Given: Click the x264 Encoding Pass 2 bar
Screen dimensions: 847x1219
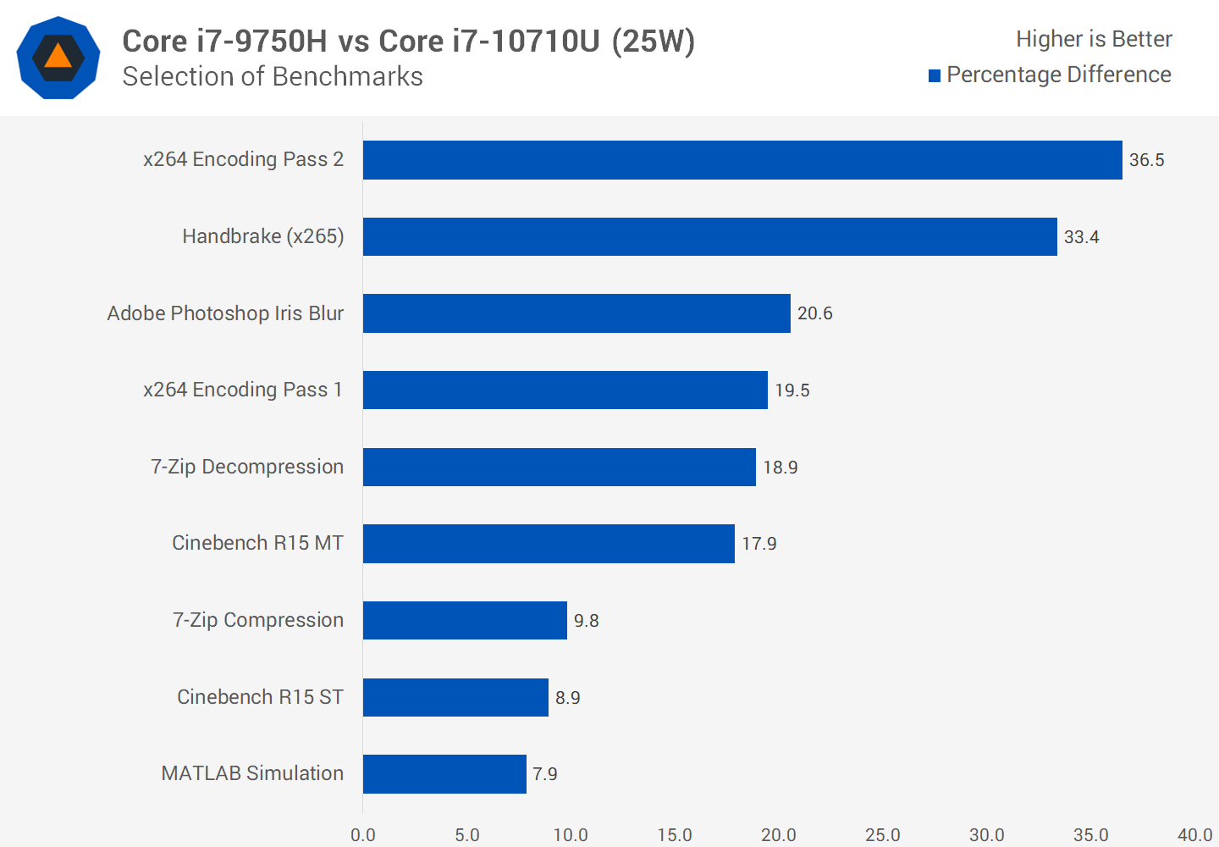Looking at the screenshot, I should [742, 160].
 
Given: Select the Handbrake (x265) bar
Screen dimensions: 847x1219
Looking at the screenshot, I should [709, 236].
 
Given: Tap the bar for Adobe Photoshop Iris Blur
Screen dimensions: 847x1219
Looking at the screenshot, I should [576, 313].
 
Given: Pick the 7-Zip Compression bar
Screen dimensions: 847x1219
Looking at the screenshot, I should [465, 620].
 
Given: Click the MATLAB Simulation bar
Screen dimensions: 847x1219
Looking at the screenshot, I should [444, 774].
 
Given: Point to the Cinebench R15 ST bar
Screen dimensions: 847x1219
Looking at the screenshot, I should [455, 697].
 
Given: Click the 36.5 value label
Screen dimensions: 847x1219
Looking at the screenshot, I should [1146, 160].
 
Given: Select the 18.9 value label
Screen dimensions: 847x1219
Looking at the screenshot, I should [780, 468].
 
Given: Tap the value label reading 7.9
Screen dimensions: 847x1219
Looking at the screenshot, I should [544, 774].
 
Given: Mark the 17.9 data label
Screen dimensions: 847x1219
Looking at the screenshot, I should [758, 544].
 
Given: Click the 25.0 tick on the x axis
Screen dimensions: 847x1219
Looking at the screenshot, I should [882, 835].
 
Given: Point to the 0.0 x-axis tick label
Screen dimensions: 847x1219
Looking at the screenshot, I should [363, 835].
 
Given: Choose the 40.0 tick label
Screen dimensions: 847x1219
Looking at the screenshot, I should [1194, 835].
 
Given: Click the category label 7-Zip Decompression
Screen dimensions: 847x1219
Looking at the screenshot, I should [247, 467].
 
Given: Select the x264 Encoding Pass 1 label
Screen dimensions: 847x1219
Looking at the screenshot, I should [243, 390].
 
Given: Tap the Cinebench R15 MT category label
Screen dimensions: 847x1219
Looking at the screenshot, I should [257, 543].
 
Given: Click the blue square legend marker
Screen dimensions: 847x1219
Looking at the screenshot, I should [935, 76].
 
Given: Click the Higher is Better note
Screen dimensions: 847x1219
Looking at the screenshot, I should [1094, 39].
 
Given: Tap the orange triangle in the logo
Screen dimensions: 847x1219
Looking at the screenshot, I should [58, 57].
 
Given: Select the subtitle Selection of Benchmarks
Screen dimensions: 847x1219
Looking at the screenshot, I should [273, 76].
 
